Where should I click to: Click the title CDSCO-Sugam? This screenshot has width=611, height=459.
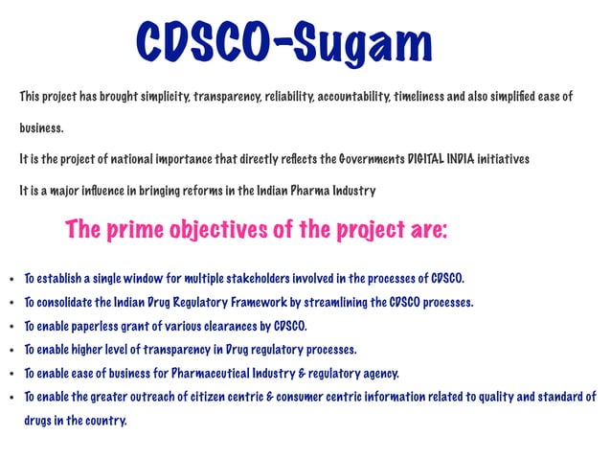click(284, 43)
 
